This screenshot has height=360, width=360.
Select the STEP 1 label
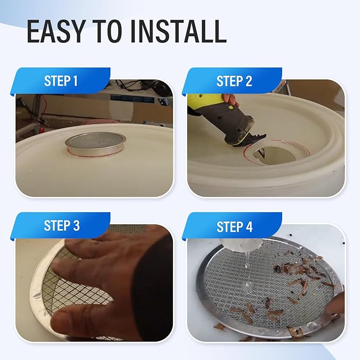coord(61,81)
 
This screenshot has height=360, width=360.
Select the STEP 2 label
coord(234,81)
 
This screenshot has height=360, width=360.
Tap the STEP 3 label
coord(62,225)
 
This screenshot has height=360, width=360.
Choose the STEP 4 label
coord(234,226)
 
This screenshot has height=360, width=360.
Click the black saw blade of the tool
coord(250,141)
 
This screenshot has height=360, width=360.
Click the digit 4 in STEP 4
coord(249,227)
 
